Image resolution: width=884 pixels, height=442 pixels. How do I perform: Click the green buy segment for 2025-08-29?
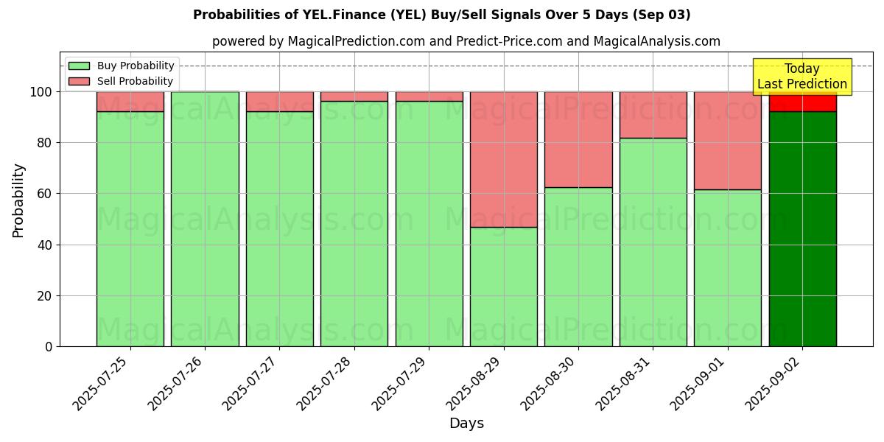[x=504, y=287]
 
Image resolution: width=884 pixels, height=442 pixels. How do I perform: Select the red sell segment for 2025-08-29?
[x=504, y=159]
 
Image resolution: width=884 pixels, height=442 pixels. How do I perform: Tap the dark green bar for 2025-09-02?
[x=802, y=228]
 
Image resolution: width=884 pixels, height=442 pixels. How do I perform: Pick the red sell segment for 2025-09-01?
[x=728, y=141]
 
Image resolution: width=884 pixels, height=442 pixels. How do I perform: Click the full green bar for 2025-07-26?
[x=205, y=219]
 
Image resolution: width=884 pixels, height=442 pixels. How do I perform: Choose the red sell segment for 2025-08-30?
[x=578, y=139]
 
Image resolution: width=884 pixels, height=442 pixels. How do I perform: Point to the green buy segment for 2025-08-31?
[x=653, y=242]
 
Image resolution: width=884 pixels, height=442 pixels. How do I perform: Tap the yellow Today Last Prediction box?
[x=801, y=77]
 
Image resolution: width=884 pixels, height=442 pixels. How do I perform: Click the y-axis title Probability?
[x=18, y=200]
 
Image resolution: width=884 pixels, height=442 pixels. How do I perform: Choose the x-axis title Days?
[x=466, y=424]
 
